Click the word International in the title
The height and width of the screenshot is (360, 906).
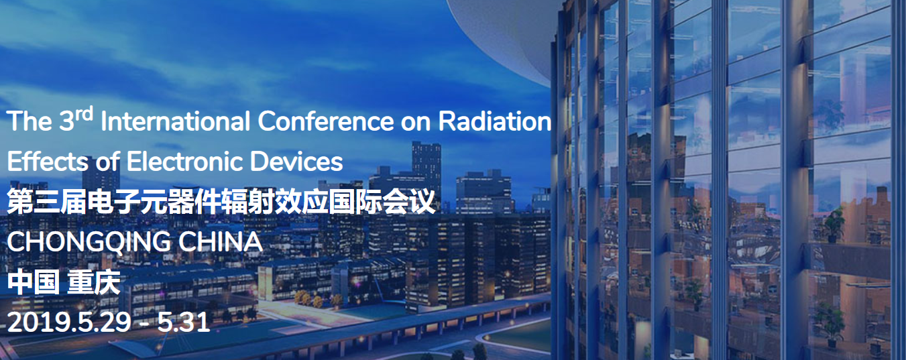[x=175, y=121]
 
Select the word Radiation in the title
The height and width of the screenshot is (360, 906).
[x=495, y=121]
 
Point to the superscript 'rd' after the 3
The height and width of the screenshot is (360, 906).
[x=84, y=115]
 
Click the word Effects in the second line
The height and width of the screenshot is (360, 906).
[x=47, y=161]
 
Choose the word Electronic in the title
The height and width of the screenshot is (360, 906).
[x=185, y=161]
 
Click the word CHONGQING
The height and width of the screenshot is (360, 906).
[x=89, y=242]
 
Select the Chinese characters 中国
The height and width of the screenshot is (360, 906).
[x=33, y=283]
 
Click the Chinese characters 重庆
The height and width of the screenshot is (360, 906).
[x=94, y=283]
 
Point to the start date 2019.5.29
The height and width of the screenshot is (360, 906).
[x=69, y=322]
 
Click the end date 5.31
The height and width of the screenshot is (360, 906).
[x=184, y=322]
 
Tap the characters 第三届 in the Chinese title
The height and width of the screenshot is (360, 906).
[x=47, y=201]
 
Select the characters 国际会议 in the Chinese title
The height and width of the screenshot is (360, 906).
[x=382, y=201]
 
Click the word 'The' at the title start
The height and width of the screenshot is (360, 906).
[x=30, y=121]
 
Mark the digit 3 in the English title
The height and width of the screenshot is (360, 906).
[x=67, y=121]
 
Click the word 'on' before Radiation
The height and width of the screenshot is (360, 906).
[x=416, y=123]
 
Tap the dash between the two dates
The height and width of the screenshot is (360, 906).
[x=144, y=324]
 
